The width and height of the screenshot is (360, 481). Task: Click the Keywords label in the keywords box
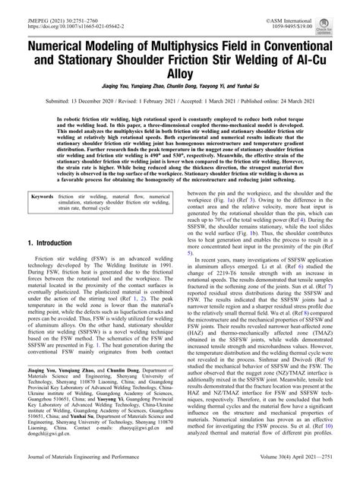(45, 196)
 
